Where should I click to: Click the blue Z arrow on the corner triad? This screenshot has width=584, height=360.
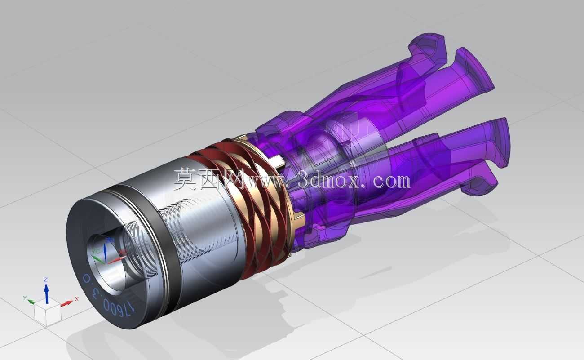[46, 293]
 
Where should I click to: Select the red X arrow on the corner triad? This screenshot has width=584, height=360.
[67, 303]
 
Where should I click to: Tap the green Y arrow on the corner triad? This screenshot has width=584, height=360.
[31, 302]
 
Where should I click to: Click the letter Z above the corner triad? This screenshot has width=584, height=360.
[46, 280]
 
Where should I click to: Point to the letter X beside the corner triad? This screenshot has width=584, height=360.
[77, 299]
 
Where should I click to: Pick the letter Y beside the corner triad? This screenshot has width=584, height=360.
[25, 298]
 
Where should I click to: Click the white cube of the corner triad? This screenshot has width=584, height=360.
[48, 312]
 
